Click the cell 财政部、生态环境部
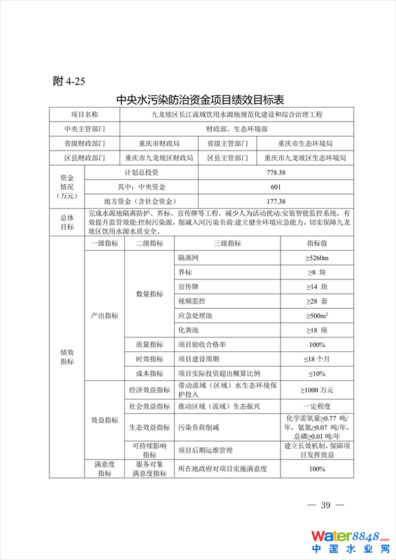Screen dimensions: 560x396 point(236,129)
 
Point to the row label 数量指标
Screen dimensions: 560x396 point(149,294)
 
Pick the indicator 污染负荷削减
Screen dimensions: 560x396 point(198,427)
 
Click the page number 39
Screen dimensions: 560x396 point(325,506)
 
